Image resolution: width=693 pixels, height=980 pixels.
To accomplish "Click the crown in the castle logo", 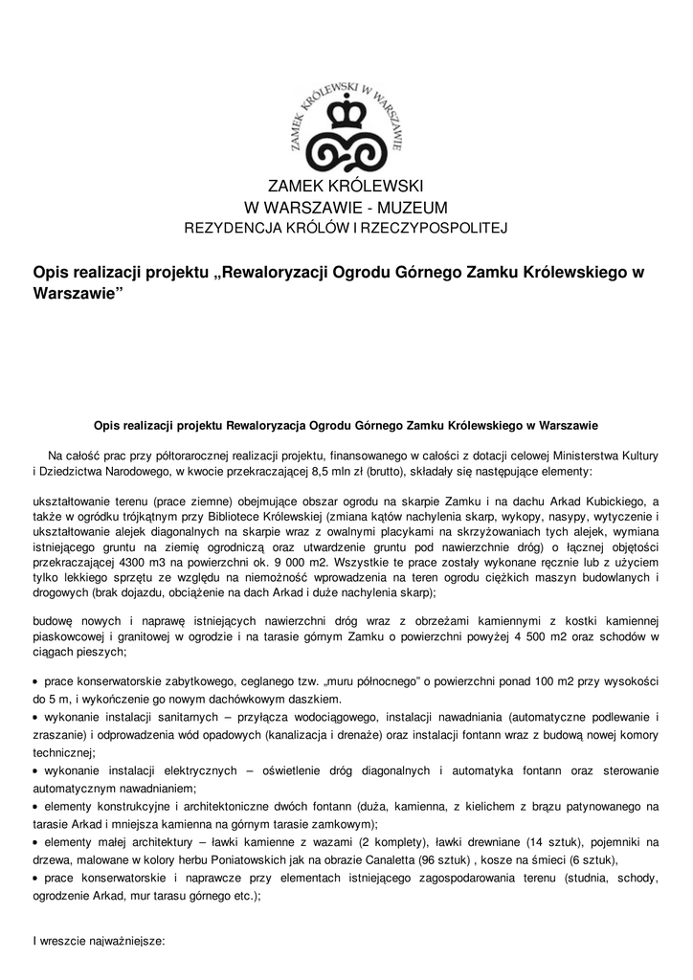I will [x=346, y=116].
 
